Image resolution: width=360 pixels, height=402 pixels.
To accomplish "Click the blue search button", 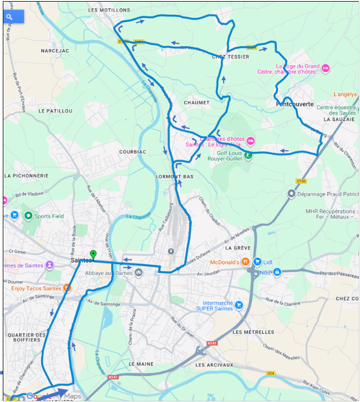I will click(x=13, y=17).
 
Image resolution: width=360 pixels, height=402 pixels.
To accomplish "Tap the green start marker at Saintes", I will click(x=93, y=255).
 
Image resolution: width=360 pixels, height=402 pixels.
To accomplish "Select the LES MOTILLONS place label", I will click(x=109, y=10).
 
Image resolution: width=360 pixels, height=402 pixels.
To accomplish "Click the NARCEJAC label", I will click(x=55, y=50).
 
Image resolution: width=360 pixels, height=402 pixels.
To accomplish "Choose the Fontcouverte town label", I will click(x=295, y=104).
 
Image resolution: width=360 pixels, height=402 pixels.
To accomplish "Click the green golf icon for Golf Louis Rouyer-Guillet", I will click(x=249, y=155).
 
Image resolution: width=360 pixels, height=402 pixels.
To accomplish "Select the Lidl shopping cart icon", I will click(x=257, y=262).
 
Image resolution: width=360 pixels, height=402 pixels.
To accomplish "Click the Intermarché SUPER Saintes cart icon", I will click(x=239, y=305).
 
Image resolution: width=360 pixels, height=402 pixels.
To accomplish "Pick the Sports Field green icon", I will click(x=28, y=215).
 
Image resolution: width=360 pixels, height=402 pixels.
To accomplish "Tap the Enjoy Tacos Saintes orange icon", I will click(x=67, y=288).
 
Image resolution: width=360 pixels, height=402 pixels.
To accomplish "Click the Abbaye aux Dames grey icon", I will click(x=139, y=272).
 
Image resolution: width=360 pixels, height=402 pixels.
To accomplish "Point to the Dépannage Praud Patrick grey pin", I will click(x=291, y=194).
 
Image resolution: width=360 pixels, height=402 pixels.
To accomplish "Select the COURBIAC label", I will click(x=132, y=151).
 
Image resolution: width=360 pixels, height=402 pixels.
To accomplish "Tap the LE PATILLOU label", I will click(x=56, y=111).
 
